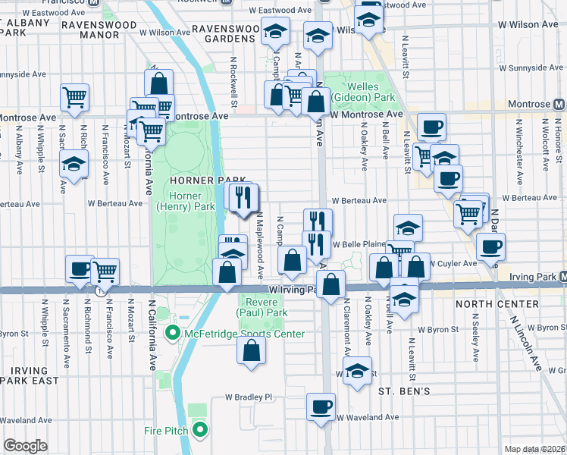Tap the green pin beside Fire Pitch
tap(200, 431)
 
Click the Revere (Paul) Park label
tap(262, 306)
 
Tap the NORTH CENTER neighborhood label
tap(497, 304)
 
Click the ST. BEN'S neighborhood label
tap(405, 391)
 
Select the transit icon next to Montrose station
tap(559, 104)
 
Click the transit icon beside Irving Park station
tap(560, 278)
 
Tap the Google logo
tap(25, 446)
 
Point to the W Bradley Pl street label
tap(247, 397)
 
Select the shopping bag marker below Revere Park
tap(252, 350)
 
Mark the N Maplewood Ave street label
tap(259, 243)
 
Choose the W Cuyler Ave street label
tap(454, 264)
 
